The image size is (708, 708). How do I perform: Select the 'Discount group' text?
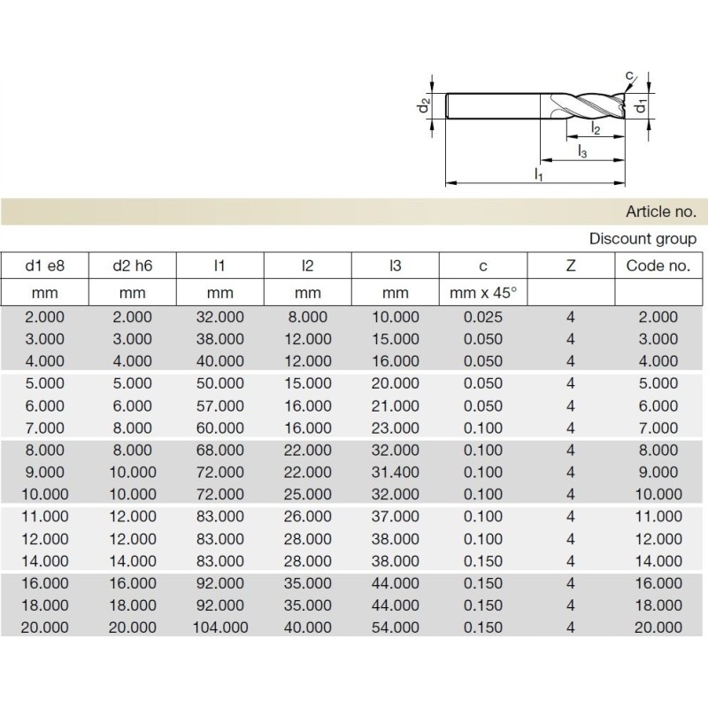tap(643, 239)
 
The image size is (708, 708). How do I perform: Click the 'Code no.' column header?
tap(658, 265)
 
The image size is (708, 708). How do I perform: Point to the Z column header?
tap(571, 265)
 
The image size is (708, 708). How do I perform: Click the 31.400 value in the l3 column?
tap(395, 472)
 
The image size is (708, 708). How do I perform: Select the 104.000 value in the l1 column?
tap(219, 627)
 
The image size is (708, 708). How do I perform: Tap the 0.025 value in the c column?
tap(483, 317)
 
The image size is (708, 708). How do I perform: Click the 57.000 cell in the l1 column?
tap(219, 405)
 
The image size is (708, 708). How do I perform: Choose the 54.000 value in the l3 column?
tap(395, 627)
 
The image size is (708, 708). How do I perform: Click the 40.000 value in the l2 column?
tap(307, 627)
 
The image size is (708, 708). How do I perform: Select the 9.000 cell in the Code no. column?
tap(658, 472)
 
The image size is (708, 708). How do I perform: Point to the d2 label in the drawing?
tap(425, 106)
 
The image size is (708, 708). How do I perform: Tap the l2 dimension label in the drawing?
tap(596, 129)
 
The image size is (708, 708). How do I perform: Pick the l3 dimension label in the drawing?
tap(582, 151)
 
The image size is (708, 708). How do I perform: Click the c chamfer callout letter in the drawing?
tap(628, 76)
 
